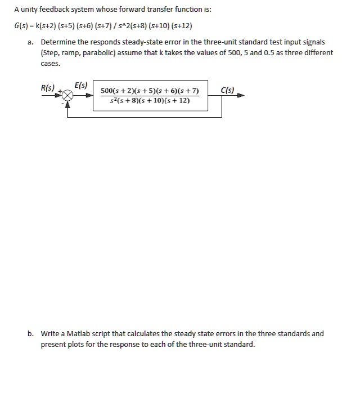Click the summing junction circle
pos(68,96)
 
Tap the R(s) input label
pos(48,88)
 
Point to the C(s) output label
pos(228,90)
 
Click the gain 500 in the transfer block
pos(107,91)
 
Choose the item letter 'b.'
pos(30,333)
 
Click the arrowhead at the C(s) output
pos(241,96)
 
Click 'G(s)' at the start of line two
pos(22,26)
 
